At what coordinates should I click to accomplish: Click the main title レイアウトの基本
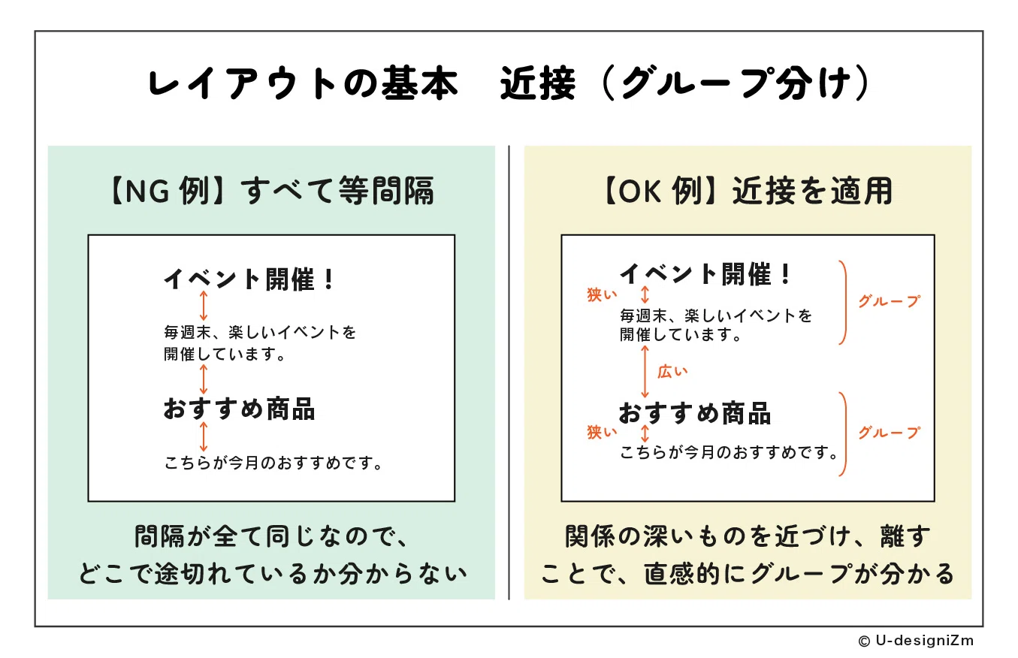click(303, 83)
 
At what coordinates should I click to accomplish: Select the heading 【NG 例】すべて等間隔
click(272, 191)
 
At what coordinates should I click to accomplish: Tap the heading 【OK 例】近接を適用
click(748, 191)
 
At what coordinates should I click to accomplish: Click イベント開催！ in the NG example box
click(249, 279)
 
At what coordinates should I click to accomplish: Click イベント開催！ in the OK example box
click(705, 273)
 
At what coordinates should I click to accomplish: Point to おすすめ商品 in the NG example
click(239, 409)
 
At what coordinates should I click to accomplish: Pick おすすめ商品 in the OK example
click(695, 413)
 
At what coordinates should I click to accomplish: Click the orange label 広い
click(672, 372)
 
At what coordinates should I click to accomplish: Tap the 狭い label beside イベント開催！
click(602, 294)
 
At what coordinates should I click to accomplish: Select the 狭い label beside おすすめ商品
click(602, 432)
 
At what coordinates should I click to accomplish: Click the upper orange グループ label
click(890, 300)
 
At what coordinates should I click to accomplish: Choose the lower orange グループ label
click(890, 432)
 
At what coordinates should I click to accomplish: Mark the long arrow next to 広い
click(645, 372)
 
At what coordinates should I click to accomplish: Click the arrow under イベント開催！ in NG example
click(204, 306)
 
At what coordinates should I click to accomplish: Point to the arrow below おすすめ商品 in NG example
click(204, 436)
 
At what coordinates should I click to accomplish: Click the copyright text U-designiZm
click(917, 641)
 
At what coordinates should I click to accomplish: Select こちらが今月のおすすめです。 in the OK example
click(729, 453)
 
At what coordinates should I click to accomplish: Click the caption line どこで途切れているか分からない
click(273, 573)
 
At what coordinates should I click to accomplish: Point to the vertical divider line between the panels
click(509, 373)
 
